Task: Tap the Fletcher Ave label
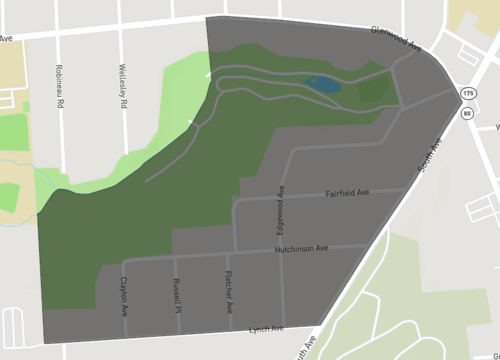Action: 229,288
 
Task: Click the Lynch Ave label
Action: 266,328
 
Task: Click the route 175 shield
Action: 468,93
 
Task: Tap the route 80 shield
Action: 468,112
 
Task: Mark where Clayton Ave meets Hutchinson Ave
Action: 125,259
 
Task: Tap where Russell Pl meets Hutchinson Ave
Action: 177,257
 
